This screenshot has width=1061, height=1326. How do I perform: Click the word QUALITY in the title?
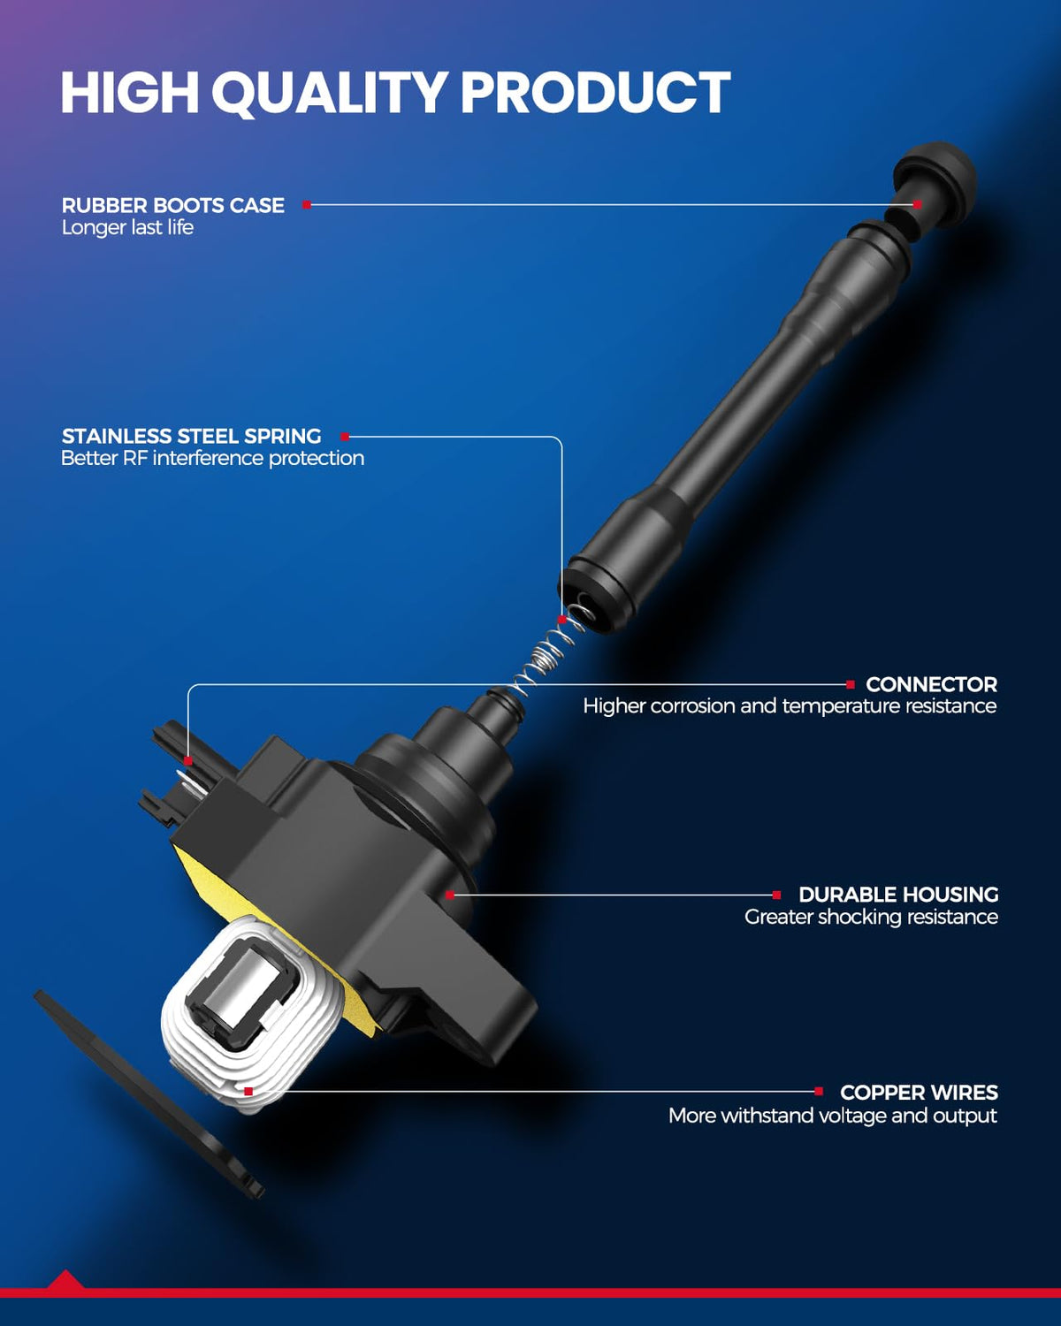point(329,93)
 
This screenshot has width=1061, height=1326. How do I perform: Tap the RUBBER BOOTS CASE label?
point(173,205)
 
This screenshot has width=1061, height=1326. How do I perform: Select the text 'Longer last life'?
point(127,227)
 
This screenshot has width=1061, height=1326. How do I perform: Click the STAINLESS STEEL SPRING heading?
point(191,436)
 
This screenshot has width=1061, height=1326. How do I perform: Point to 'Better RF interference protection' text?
point(213,459)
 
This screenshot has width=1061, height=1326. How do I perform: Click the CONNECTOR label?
point(932,684)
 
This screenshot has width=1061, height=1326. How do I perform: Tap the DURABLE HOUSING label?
point(898,895)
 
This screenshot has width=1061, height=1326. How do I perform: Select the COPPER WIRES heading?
point(920,1093)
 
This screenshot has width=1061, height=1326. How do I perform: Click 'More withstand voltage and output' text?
point(833,1116)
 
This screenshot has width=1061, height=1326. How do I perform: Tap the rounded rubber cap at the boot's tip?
point(935,182)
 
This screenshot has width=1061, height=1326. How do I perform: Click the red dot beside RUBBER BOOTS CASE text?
point(307,204)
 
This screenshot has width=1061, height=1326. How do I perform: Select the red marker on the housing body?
point(450,895)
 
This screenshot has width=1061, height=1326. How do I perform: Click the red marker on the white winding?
point(248,1091)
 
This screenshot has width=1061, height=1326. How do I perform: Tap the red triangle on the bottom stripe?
point(65,1279)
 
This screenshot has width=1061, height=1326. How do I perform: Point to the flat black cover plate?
point(148,1094)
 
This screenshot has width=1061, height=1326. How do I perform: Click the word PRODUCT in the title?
point(596,93)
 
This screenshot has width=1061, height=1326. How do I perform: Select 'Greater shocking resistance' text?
point(871,917)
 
